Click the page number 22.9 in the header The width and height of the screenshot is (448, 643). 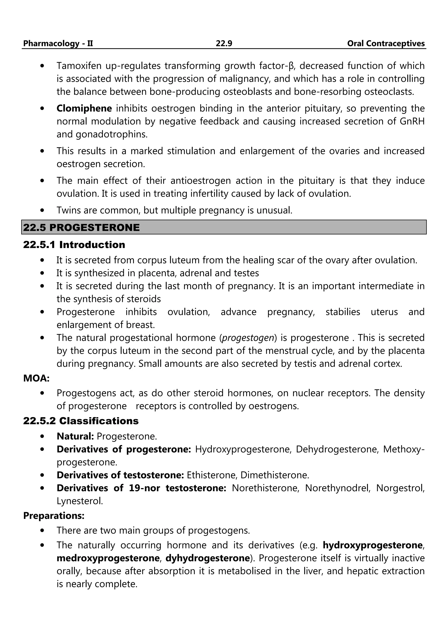[224, 43]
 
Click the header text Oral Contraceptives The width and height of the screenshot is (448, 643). [386, 43]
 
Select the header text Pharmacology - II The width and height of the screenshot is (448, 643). [58, 43]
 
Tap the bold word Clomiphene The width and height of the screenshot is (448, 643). [84, 108]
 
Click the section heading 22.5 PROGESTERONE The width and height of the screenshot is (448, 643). [81, 227]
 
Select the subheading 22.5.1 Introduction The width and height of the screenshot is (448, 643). [74, 245]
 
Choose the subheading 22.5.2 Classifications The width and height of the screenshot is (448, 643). [81, 421]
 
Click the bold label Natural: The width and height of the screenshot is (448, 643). [75, 436]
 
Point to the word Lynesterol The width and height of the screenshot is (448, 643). [80, 501]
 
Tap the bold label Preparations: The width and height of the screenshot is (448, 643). [54, 516]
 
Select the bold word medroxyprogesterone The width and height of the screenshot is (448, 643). [108, 558]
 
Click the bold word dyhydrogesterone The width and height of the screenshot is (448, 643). [207, 558]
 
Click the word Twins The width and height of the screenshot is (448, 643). [68, 210]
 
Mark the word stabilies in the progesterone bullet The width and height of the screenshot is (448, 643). [343, 312]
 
